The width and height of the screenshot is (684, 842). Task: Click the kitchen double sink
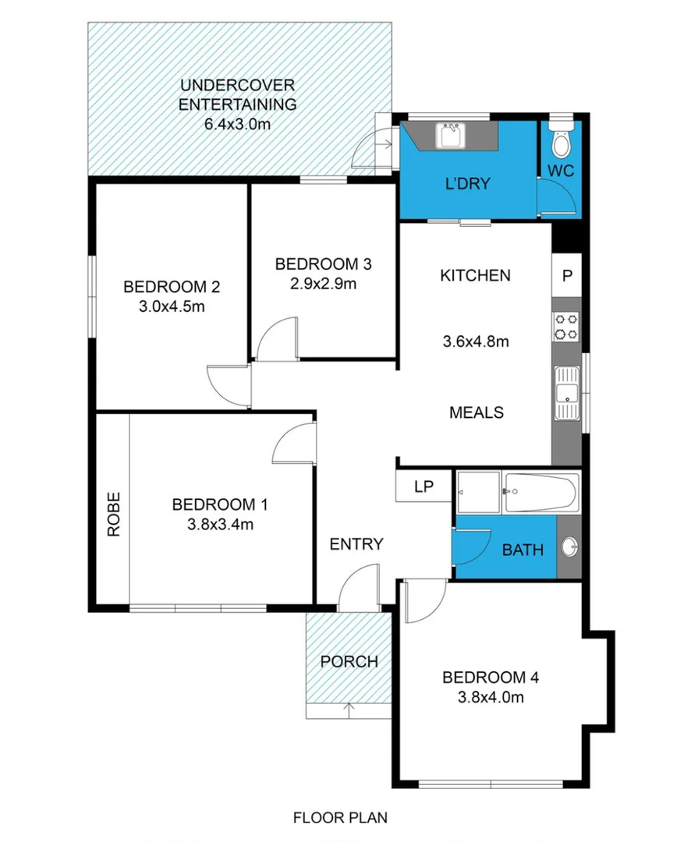point(566,393)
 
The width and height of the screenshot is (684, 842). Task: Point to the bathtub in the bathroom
point(541,493)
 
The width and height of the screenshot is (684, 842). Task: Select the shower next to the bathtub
point(477,493)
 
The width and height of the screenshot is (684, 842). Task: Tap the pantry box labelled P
point(567,275)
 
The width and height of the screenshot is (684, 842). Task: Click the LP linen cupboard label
point(424,487)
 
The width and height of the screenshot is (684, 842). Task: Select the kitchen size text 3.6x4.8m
point(475,341)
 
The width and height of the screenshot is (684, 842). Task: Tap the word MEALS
point(476,412)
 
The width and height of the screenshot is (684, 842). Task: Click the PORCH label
point(349,662)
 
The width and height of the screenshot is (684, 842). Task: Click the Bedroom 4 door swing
point(424,602)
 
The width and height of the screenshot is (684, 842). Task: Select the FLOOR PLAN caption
point(340,818)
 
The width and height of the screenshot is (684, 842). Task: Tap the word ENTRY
point(356,544)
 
